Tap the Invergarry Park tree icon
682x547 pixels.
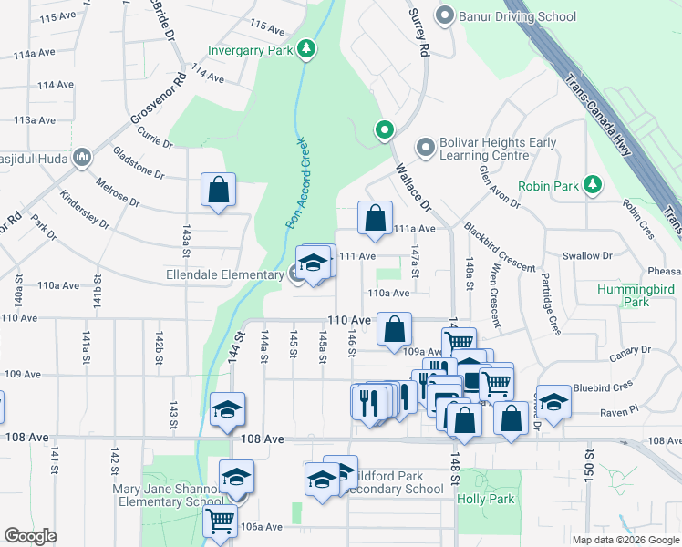[308, 48]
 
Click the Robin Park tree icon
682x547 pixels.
[593, 185]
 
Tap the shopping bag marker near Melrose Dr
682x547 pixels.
[219, 191]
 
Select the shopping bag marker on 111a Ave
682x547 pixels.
[375, 218]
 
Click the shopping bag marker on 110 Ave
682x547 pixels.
[394, 330]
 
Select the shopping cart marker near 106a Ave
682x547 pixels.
[220, 521]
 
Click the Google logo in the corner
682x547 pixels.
[30, 536]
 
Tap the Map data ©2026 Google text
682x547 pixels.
[625, 540]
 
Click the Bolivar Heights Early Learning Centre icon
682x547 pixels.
[424, 147]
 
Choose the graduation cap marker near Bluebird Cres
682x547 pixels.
[553, 400]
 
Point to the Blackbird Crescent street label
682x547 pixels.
[498, 247]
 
